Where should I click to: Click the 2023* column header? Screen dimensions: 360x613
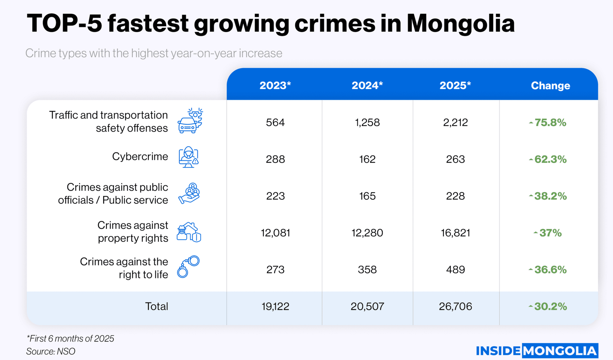pyautogui.click(x=275, y=85)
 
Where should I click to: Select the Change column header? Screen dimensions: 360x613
pyautogui.click(x=550, y=86)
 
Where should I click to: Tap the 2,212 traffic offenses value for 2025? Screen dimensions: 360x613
pyautogui.click(x=455, y=122)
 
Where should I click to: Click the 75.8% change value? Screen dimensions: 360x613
pyautogui.click(x=548, y=122)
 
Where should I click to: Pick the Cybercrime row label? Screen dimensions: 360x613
pyautogui.click(x=140, y=157)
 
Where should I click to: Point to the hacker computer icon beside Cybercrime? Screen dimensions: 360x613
pyautogui.click(x=189, y=157)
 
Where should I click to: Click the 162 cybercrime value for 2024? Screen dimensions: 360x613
pyautogui.click(x=367, y=159)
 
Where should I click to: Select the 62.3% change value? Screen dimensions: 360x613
pyautogui.click(x=548, y=159)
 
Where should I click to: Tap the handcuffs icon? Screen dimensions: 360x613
pyautogui.click(x=189, y=266)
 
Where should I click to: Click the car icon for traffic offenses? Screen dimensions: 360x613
pyautogui.click(x=190, y=121)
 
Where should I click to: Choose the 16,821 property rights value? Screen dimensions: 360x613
pyautogui.click(x=455, y=233)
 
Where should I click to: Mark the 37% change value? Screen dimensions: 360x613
pyautogui.click(x=548, y=233)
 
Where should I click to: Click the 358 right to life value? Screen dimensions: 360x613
pyautogui.click(x=367, y=269)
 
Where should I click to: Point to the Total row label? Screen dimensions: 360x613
pyautogui.click(x=156, y=306)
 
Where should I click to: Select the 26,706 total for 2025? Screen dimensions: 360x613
pyautogui.click(x=455, y=306)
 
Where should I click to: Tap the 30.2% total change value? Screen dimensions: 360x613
pyautogui.click(x=548, y=306)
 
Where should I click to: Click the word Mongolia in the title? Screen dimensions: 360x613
pyautogui.click(x=460, y=23)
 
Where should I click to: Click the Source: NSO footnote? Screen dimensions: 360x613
pyautogui.click(x=51, y=351)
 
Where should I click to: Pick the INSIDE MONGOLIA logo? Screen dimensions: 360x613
pyautogui.click(x=537, y=350)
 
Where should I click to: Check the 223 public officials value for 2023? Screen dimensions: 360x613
pyautogui.click(x=275, y=196)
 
